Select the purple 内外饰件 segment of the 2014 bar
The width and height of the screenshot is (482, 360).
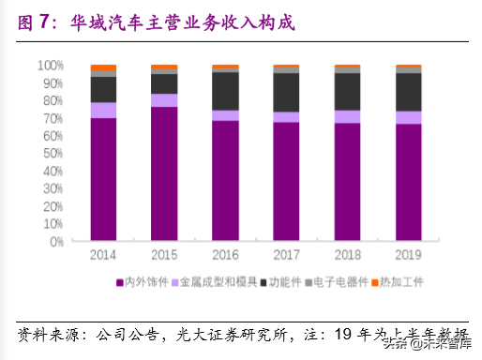(103, 178)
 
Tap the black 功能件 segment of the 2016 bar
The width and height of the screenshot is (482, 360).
(225, 90)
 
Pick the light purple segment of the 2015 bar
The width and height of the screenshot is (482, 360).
(164, 100)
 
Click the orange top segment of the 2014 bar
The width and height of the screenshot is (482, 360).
(103, 68)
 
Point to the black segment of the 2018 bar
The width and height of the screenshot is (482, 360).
(347, 91)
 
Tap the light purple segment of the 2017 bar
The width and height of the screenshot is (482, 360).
(286, 117)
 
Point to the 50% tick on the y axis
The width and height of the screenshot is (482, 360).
(53, 153)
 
